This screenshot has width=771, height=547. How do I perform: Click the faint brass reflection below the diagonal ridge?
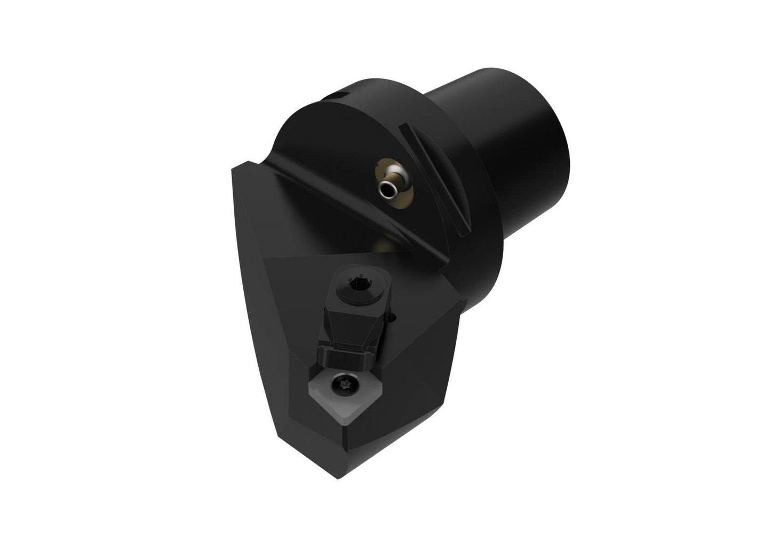pos(381,245)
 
